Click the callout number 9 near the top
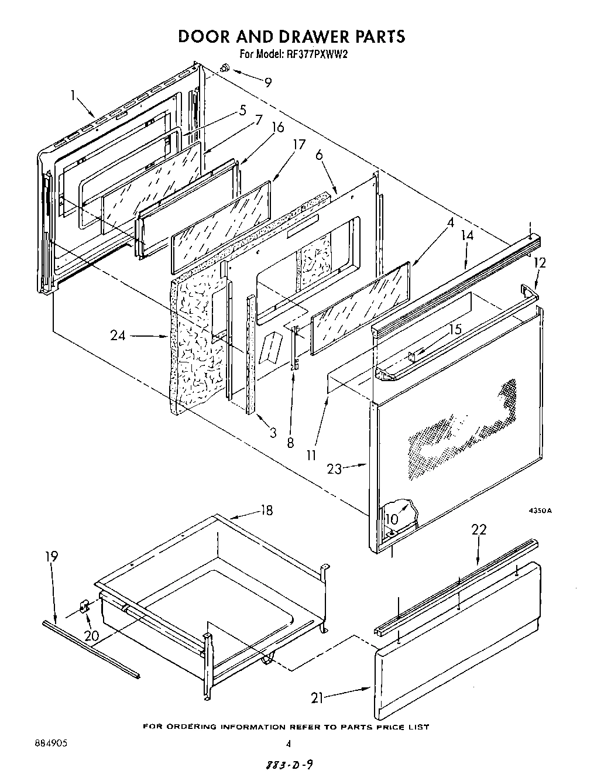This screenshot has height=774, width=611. click(268, 83)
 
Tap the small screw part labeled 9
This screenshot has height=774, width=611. click(224, 69)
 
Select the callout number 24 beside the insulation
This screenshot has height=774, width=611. click(119, 335)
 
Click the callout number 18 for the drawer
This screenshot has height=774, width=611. click(266, 511)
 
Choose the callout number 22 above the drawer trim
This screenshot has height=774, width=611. click(479, 530)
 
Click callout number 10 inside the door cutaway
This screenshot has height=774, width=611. click(392, 519)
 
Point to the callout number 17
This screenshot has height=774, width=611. click(298, 145)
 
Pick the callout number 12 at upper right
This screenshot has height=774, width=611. click(539, 263)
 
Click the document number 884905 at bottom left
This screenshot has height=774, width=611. click(47, 742)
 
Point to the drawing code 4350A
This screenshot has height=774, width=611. click(541, 511)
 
